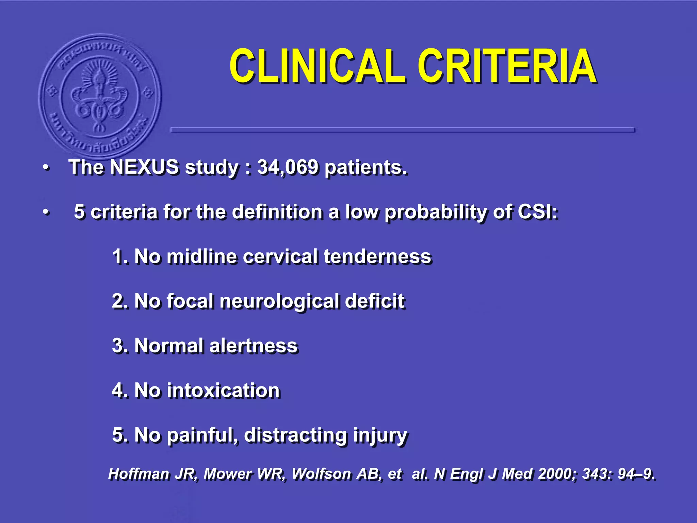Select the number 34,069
pos(288,167)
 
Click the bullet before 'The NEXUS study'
pos(46,168)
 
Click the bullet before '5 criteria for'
pos(46,212)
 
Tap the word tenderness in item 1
pos(377,256)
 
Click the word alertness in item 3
pos(254,346)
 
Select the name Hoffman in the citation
pos(139,474)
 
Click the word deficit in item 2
pos(374,301)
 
